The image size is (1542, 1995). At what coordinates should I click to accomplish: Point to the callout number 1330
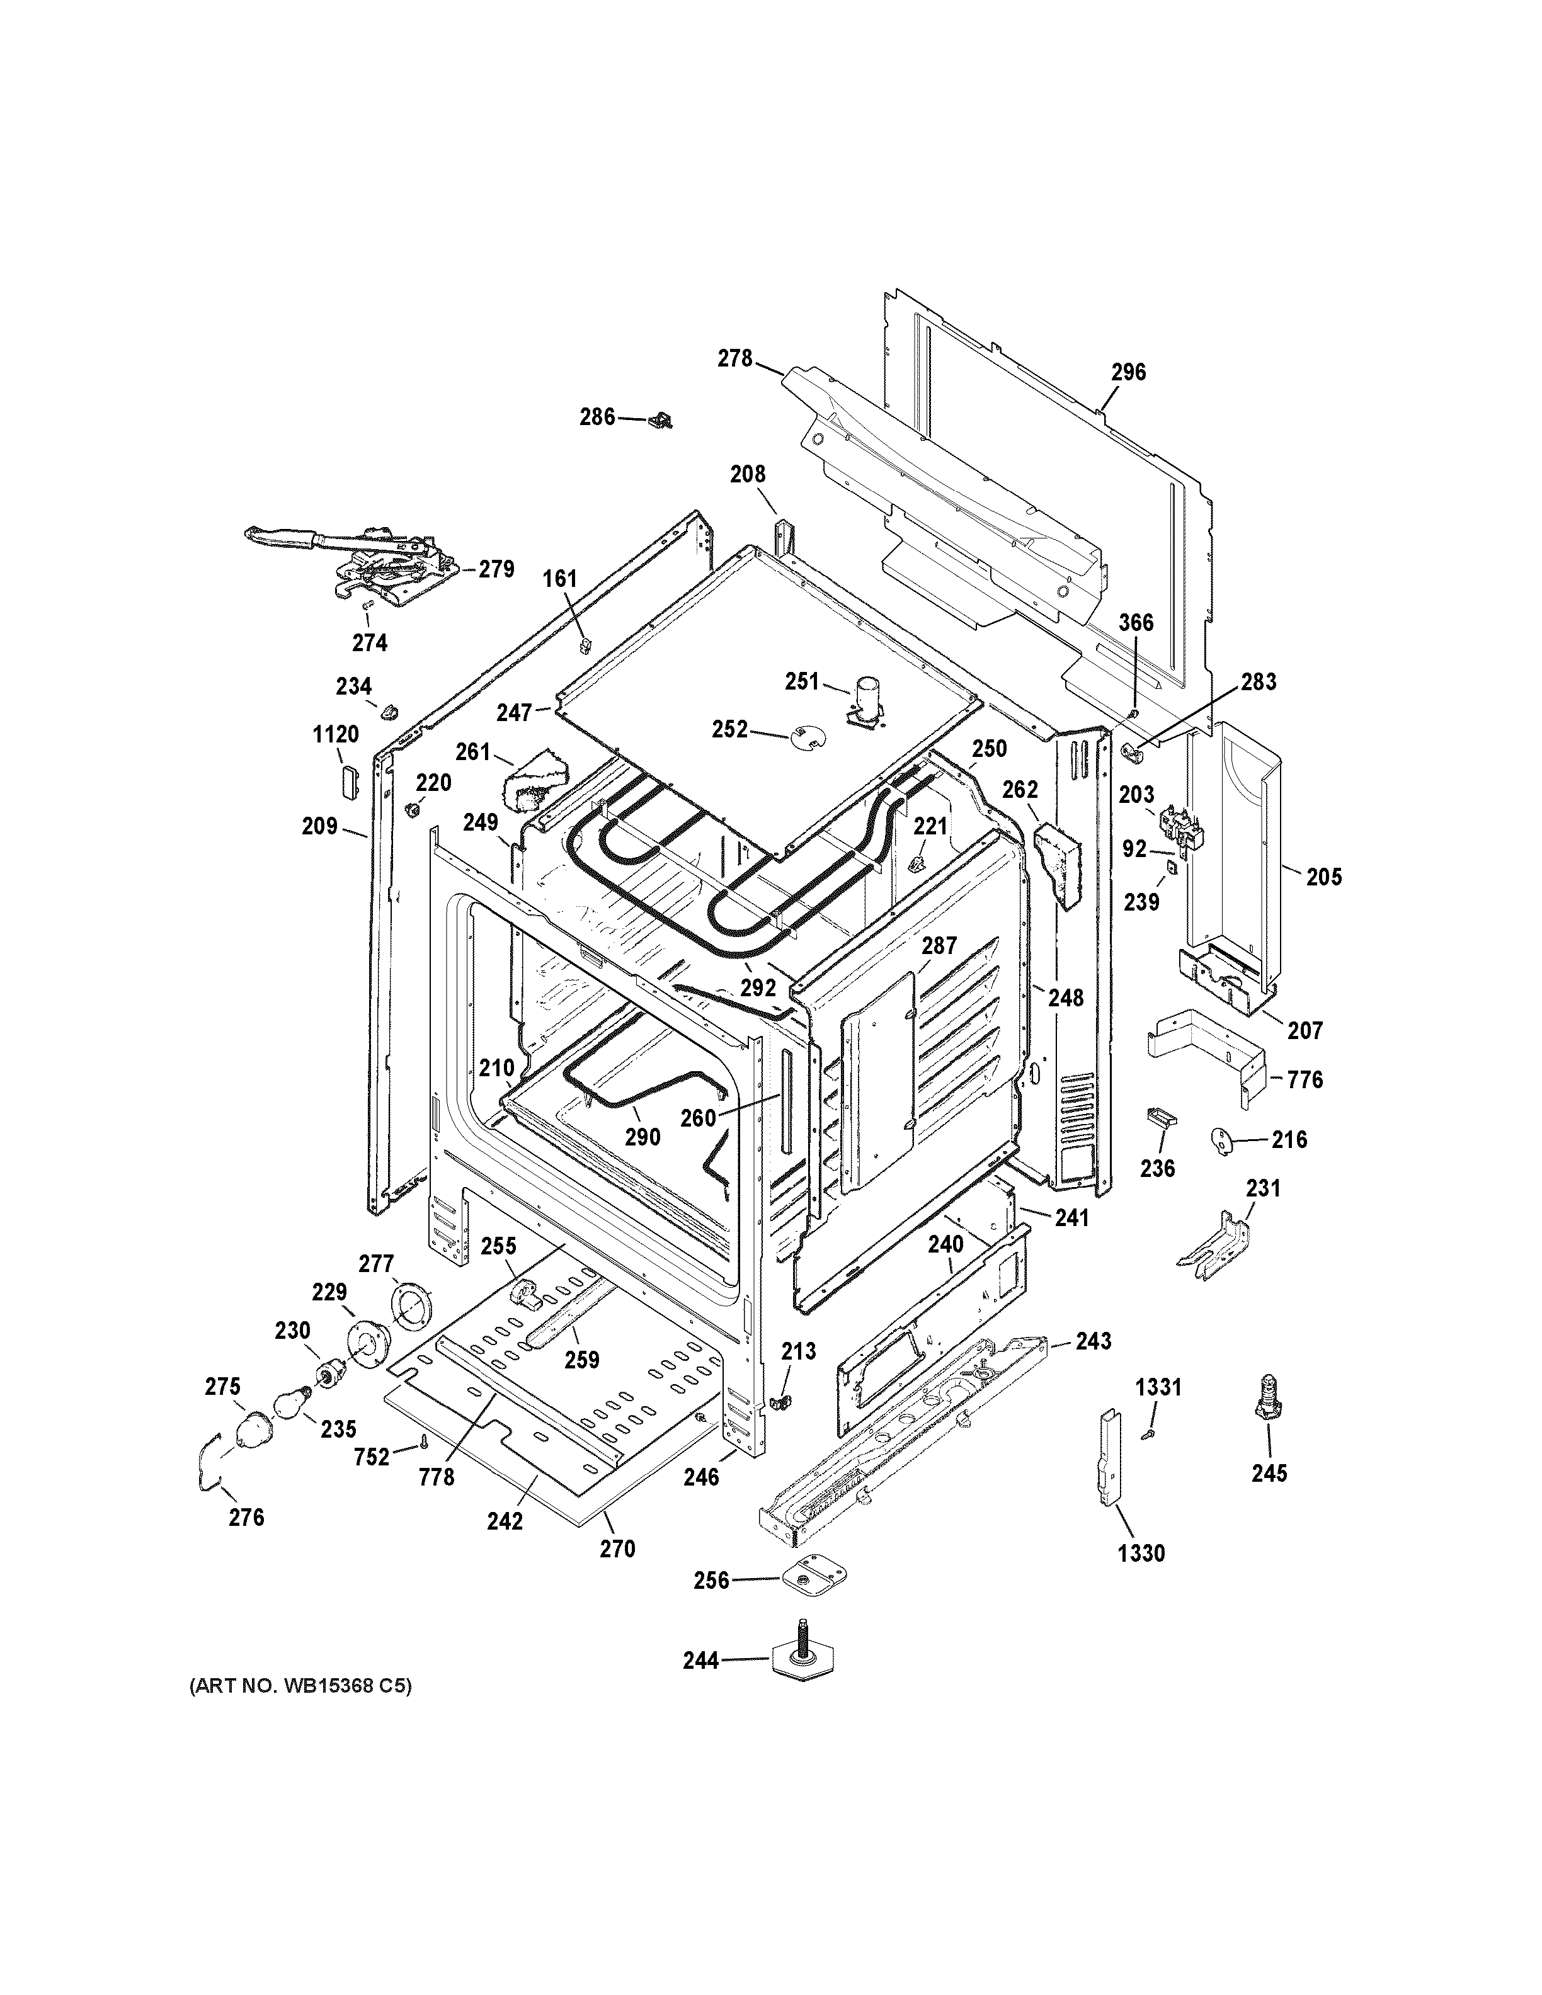click(1141, 1553)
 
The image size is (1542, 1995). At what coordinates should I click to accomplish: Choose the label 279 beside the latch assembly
click(497, 569)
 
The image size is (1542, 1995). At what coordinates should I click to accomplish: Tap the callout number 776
click(1305, 1080)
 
